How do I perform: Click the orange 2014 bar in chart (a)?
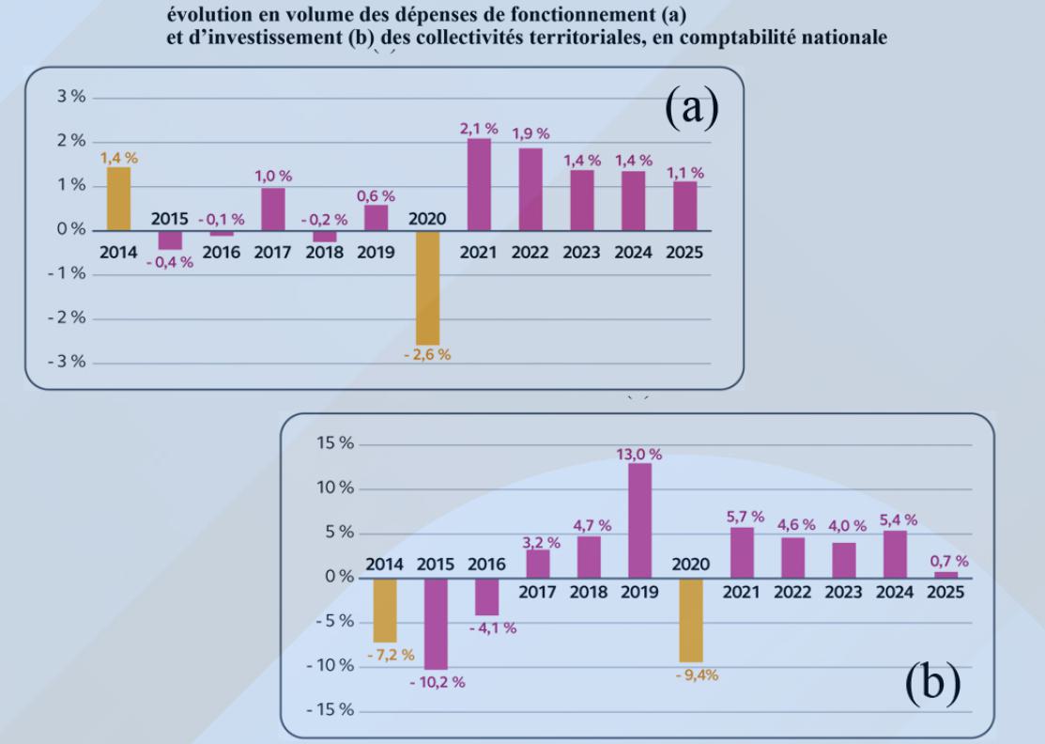click(x=118, y=199)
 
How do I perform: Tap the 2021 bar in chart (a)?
click(x=479, y=185)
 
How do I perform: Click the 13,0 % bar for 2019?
click(x=639, y=520)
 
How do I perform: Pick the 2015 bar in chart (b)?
click(x=435, y=624)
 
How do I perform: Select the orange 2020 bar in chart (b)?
click(x=691, y=620)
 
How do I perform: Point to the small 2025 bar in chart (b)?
click(x=945, y=574)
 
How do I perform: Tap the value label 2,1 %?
click(x=479, y=128)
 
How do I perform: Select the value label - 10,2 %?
click(x=437, y=682)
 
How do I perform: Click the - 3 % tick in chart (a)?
click(x=68, y=363)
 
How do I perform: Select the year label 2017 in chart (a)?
click(x=272, y=253)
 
